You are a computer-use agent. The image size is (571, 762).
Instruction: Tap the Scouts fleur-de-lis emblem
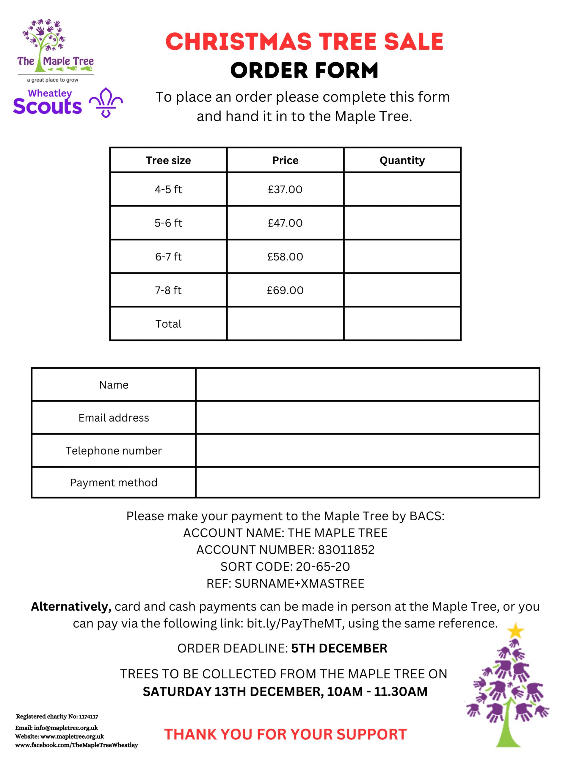(x=106, y=102)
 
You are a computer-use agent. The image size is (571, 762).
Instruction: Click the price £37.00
(x=285, y=190)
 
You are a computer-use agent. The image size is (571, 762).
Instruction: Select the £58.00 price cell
(x=285, y=257)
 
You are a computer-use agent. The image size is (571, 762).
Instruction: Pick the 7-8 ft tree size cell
(x=168, y=290)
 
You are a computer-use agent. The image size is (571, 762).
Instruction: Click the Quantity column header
(x=402, y=160)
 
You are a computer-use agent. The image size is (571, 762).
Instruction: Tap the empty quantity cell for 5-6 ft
(x=402, y=223)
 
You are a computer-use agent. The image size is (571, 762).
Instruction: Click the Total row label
(x=168, y=324)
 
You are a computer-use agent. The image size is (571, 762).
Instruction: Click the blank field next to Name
(x=367, y=385)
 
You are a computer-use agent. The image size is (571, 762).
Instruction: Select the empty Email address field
(x=367, y=418)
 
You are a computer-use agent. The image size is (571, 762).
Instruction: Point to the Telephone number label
(x=114, y=451)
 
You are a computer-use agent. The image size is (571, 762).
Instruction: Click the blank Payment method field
(x=367, y=483)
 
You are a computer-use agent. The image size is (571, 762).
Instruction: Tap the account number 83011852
(x=346, y=550)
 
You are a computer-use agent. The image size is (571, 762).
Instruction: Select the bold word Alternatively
(x=71, y=607)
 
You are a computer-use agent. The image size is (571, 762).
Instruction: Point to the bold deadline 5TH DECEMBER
(x=339, y=648)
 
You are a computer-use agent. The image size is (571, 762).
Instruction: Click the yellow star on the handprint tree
(x=515, y=631)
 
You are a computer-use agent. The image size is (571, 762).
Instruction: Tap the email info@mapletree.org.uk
(x=66, y=728)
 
